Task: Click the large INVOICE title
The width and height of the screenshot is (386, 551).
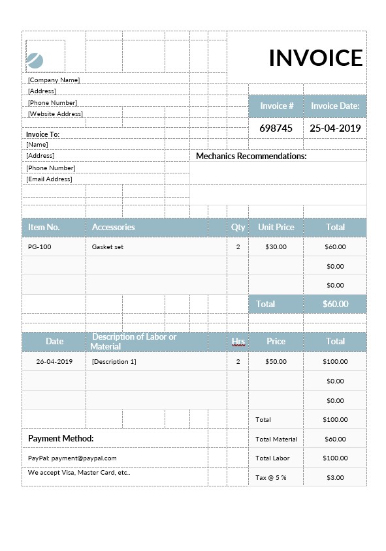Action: click(x=315, y=58)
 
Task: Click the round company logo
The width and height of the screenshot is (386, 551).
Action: click(x=35, y=61)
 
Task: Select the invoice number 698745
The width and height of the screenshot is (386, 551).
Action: click(x=276, y=128)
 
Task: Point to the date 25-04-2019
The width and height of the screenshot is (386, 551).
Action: click(x=335, y=128)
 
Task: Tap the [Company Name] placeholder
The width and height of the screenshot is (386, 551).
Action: click(x=54, y=80)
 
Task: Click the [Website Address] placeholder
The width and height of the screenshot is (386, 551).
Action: click(x=56, y=113)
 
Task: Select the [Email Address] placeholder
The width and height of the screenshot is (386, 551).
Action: click(x=49, y=179)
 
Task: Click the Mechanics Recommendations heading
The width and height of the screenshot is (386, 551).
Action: click(x=251, y=156)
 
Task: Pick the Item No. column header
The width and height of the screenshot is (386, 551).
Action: click(x=44, y=227)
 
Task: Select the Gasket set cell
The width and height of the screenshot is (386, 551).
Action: click(x=108, y=247)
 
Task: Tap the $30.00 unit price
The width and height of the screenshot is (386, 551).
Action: click(x=276, y=247)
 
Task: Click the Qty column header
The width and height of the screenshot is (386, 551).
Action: click(x=238, y=227)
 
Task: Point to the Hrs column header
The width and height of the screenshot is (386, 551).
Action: click(x=238, y=341)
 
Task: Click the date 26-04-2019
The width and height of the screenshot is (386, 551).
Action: click(x=54, y=361)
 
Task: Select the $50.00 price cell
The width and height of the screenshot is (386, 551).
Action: click(x=276, y=361)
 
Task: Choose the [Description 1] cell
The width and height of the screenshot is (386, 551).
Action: click(x=114, y=361)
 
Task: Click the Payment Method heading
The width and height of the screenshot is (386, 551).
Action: click(x=61, y=438)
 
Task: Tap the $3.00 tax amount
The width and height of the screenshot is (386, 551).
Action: click(x=335, y=477)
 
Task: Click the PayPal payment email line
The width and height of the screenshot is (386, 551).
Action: click(x=72, y=458)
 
